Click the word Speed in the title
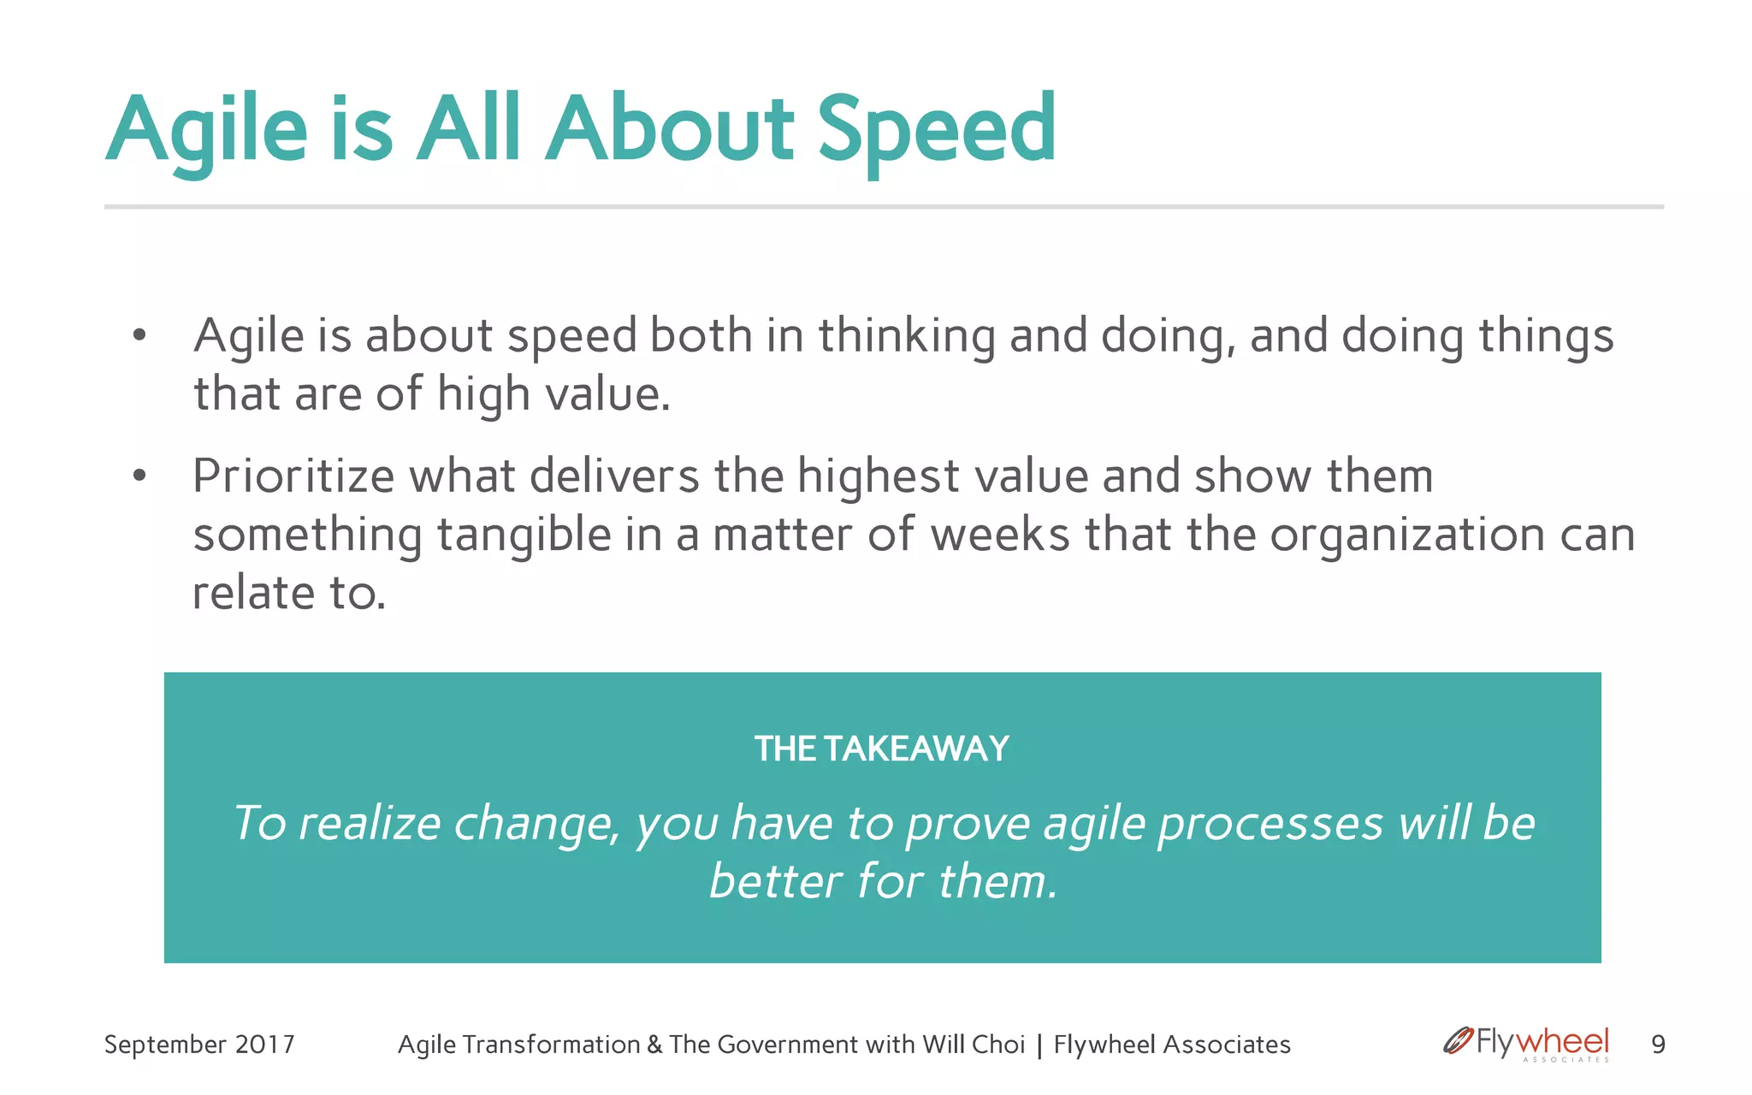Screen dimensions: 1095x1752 937,130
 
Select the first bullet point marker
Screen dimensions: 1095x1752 139,335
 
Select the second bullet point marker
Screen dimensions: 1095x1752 139,476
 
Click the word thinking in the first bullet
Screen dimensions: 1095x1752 907,335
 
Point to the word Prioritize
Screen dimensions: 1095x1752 293,476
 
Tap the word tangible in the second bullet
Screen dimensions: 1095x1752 524,535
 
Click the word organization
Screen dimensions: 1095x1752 1406,535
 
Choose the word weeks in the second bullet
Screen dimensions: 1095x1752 999,535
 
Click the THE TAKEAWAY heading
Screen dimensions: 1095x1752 882,749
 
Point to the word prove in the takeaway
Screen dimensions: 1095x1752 968,823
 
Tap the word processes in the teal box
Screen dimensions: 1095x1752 1270,823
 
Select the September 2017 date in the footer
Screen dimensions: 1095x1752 199,1045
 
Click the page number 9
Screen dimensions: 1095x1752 1658,1045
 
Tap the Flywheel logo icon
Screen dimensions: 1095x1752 1457,1041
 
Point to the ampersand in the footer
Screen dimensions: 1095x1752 654,1045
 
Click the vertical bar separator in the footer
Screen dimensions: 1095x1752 1039,1045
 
